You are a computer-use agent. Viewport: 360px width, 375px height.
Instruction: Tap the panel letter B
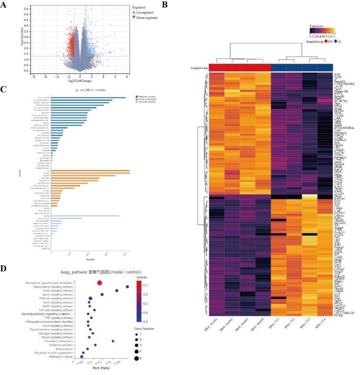(165, 6)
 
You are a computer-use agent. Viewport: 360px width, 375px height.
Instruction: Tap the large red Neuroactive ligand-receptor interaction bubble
(100, 283)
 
